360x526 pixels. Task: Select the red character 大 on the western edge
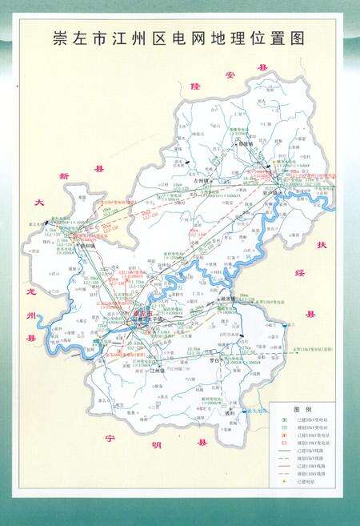click(x=38, y=204)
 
